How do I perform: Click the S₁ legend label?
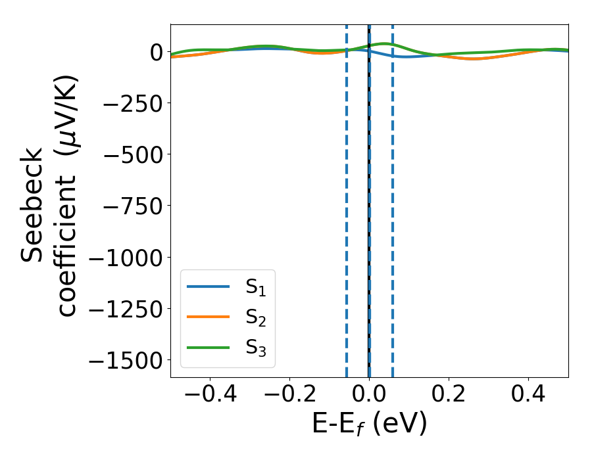point(255,287)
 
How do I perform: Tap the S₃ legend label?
point(255,348)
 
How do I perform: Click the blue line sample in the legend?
point(208,287)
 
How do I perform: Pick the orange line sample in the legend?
point(208,317)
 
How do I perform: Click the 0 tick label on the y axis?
point(155,52)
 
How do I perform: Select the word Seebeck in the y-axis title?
point(33,205)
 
